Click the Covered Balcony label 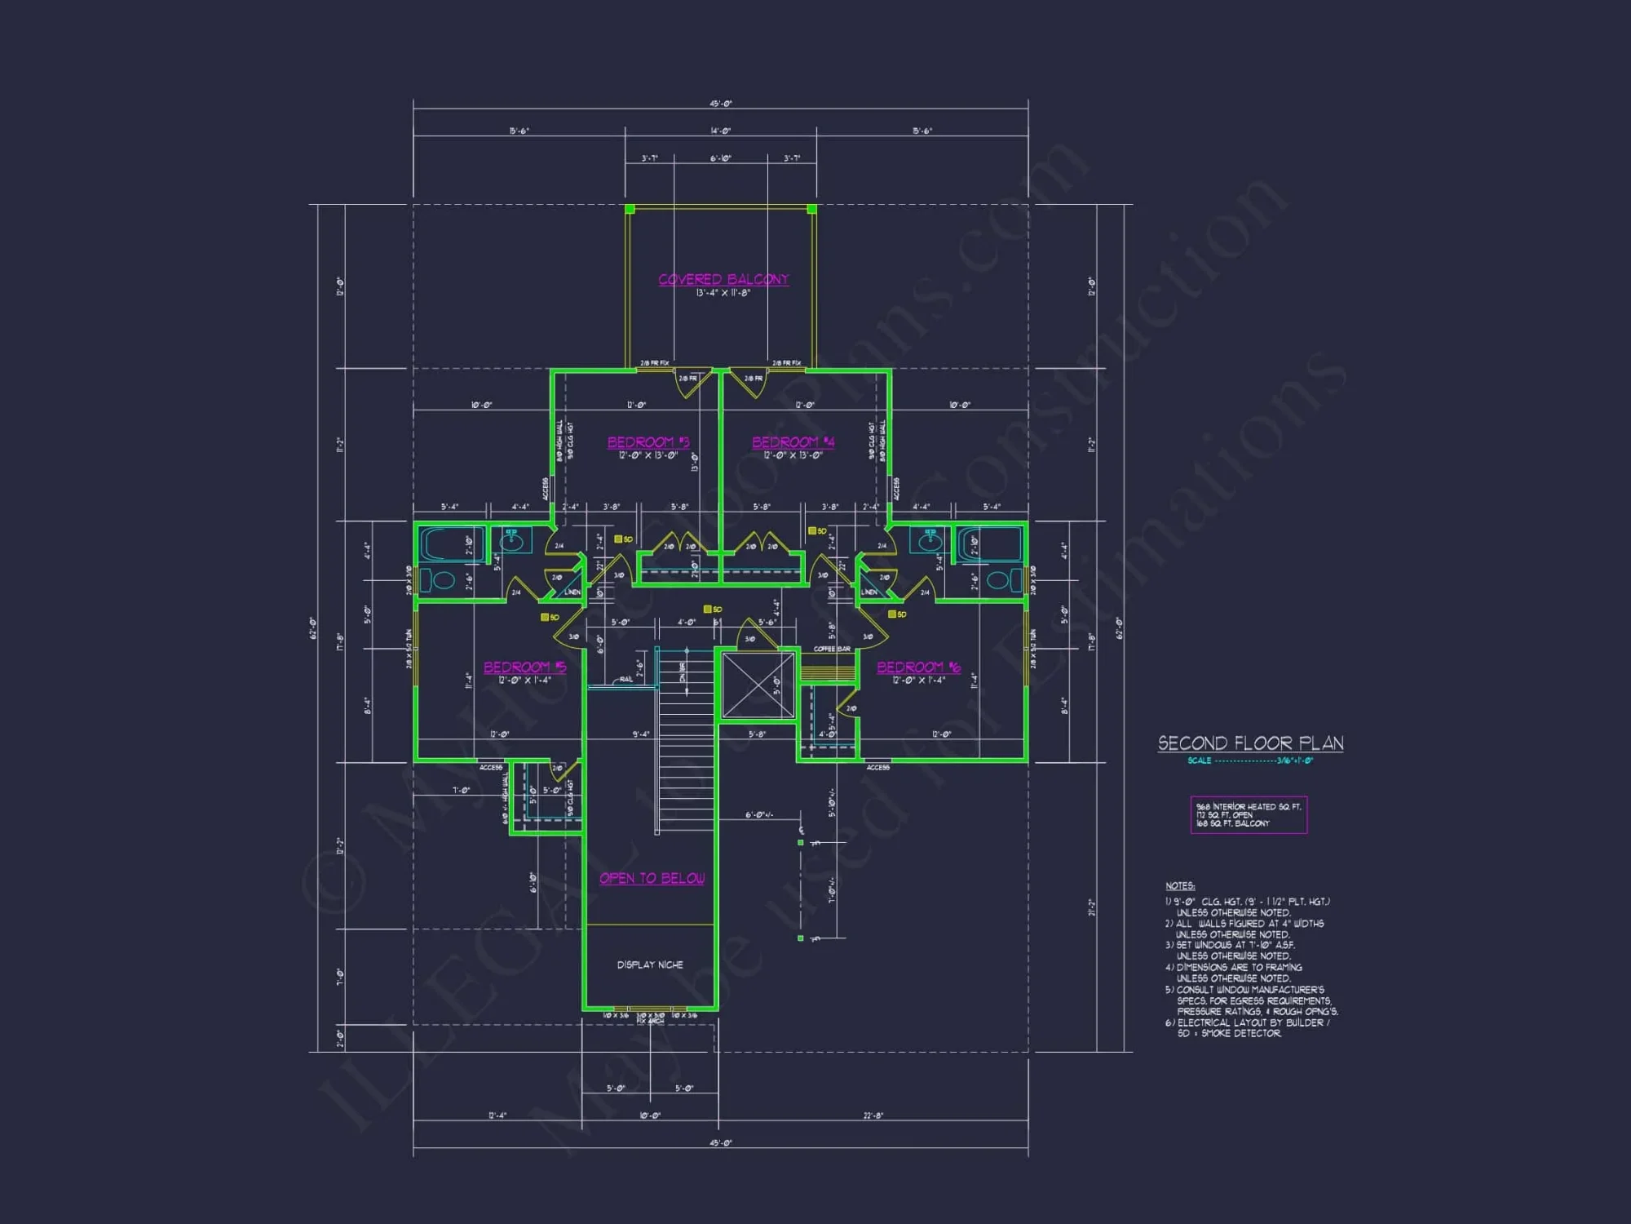723,280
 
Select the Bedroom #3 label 648,442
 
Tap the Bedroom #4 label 793,442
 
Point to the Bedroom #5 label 524,667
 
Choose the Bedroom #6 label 918,667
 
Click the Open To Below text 652,879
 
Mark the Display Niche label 650,965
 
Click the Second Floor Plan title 1250,743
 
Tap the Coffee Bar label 832,649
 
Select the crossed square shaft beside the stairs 758,685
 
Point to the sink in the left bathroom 513,539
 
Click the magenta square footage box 1249,814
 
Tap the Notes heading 1179,885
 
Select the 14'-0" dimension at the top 720,131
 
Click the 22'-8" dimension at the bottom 873,1115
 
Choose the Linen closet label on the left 572,592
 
